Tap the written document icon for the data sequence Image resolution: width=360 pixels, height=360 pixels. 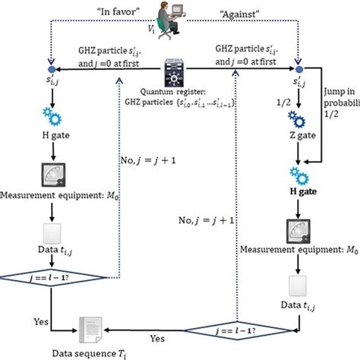(x=86, y=326)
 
